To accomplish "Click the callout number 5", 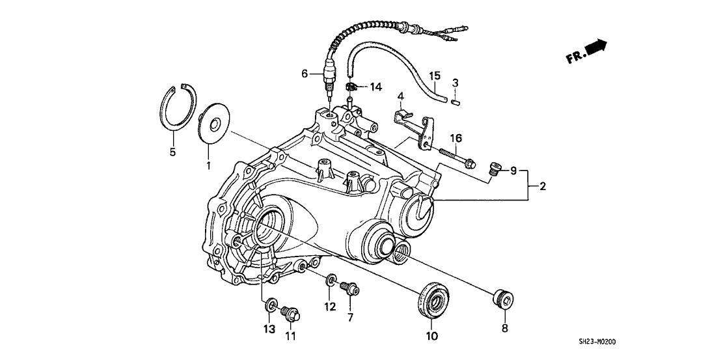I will pyautogui.click(x=173, y=152).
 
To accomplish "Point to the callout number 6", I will pyautogui.click(x=303, y=74).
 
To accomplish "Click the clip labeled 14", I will pyautogui.click(x=349, y=87).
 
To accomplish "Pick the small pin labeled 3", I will pyautogui.click(x=456, y=101).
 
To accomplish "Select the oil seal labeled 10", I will pyautogui.click(x=431, y=301).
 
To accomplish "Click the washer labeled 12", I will pyautogui.click(x=331, y=281).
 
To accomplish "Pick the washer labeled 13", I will pyautogui.click(x=271, y=303).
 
